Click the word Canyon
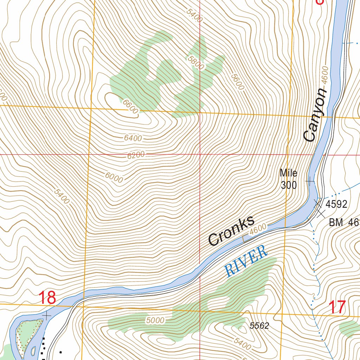pyautogui.click(x=315, y=115)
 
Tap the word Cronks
pyautogui.click(x=231, y=231)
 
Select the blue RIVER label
pyautogui.click(x=246, y=261)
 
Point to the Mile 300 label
pyautogui.click(x=289, y=179)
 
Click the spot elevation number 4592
pyautogui.click(x=336, y=204)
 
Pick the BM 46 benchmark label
pyautogui.click(x=343, y=222)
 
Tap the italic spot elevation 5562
pyautogui.click(x=259, y=326)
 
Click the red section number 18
pyautogui.click(x=47, y=298)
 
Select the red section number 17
pyautogui.click(x=337, y=307)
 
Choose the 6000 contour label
pyautogui.click(x=114, y=178)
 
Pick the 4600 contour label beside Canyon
pyautogui.click(x=324, y=75)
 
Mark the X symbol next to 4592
pyautogui.click(x=318, y=203)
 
